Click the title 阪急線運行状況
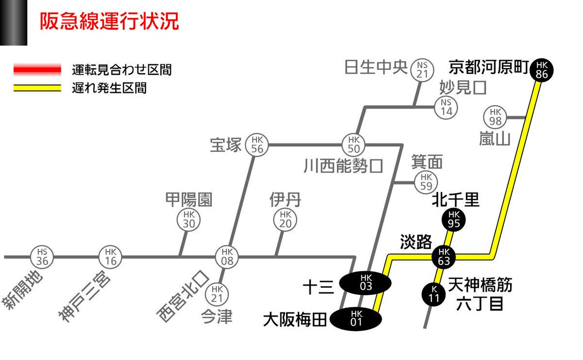click(109, 22)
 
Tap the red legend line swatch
click(37, 69)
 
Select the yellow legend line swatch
click(37, 88)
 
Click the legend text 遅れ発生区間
click(109, 88)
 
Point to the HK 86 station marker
click(542, 70)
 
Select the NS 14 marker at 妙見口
click(446, 107)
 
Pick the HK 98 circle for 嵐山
click(496, 117)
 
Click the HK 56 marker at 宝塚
click(257, 144)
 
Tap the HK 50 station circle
click(354, 144)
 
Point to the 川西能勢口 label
click(343, 166)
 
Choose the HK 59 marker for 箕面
click(426, 182)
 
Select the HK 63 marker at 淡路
click(444, 256)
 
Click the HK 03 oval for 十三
click(365, 283)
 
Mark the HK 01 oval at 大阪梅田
click(356, 319)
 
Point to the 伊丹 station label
click(285, 199)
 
